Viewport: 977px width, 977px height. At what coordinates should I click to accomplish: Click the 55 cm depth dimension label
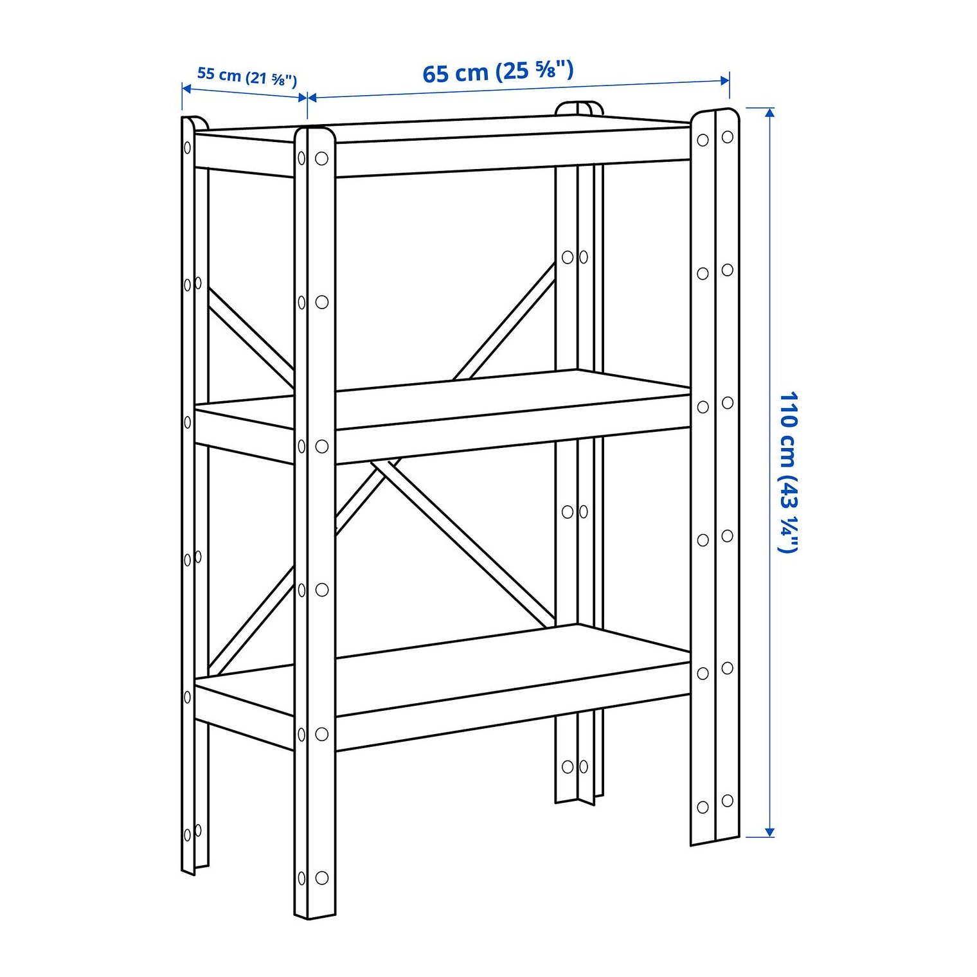pyautogui.click(x=247, y=76)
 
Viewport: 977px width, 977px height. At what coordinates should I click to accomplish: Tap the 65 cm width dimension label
pyautogui.click(x=497, y=71)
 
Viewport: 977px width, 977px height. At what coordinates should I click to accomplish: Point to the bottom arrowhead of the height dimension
pyautogui.click(x=769, y=832)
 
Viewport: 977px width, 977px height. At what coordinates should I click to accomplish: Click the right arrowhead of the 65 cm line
pyautogui.click(x=725, y=80)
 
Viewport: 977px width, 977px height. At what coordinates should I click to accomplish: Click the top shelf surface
pyautogui.click(x=444, y=129)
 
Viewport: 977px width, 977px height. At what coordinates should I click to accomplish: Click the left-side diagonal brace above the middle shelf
pyautogui.click(x=251, y=337)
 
